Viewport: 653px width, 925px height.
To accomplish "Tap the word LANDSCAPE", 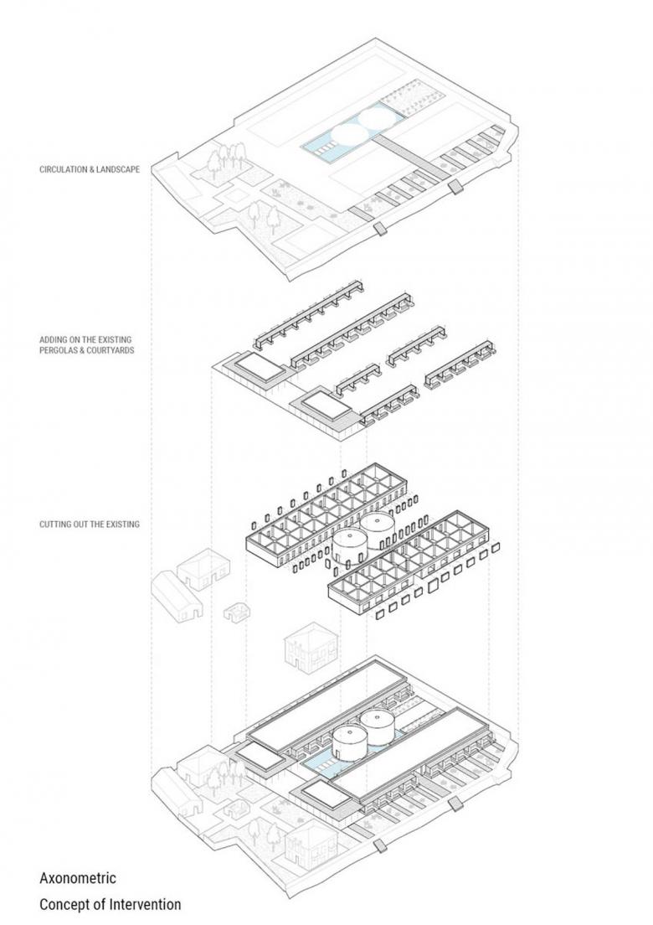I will [121, 169].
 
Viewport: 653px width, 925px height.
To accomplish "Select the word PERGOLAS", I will [59, 349].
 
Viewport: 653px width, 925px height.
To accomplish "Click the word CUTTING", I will [56, 525].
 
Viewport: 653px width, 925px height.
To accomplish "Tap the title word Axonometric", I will [78, 878].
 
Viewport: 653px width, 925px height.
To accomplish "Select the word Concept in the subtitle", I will [64, 904].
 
